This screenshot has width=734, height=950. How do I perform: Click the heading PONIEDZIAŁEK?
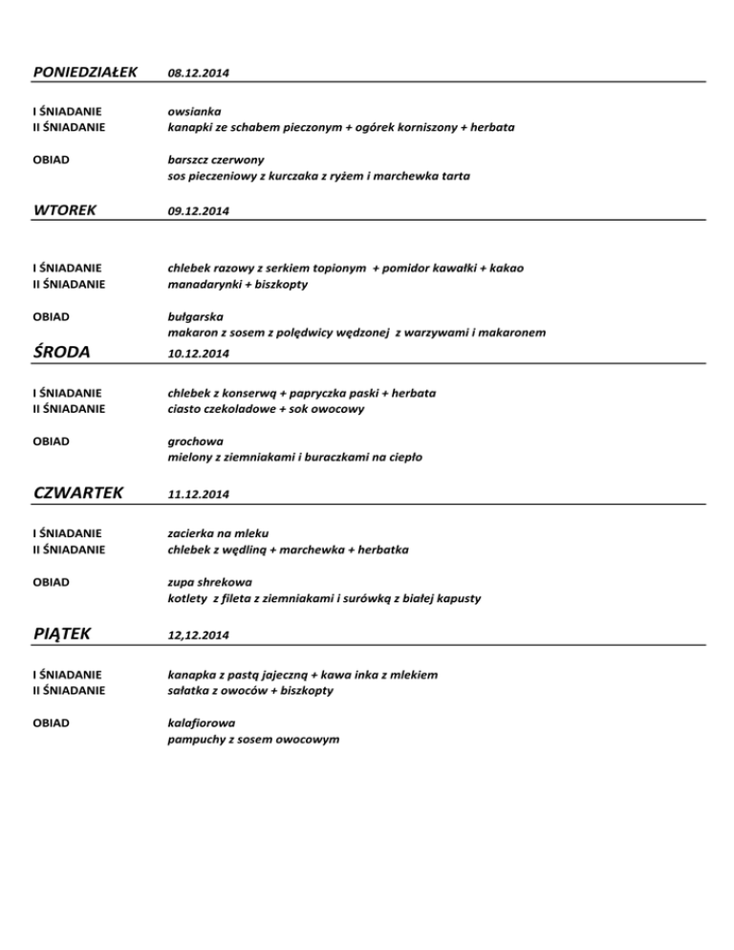pyautogui.click(x=86, y=72)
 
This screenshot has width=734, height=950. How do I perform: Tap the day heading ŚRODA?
pyautogui.click(x=66, y=352)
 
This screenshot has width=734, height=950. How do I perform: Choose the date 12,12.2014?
pyautogui.click(x=198, y=634)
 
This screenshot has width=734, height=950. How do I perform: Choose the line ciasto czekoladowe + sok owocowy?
pyautogui.click(x=266, y=409)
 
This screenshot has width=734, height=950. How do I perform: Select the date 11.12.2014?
pyautogui.click(x=198, y=494)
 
